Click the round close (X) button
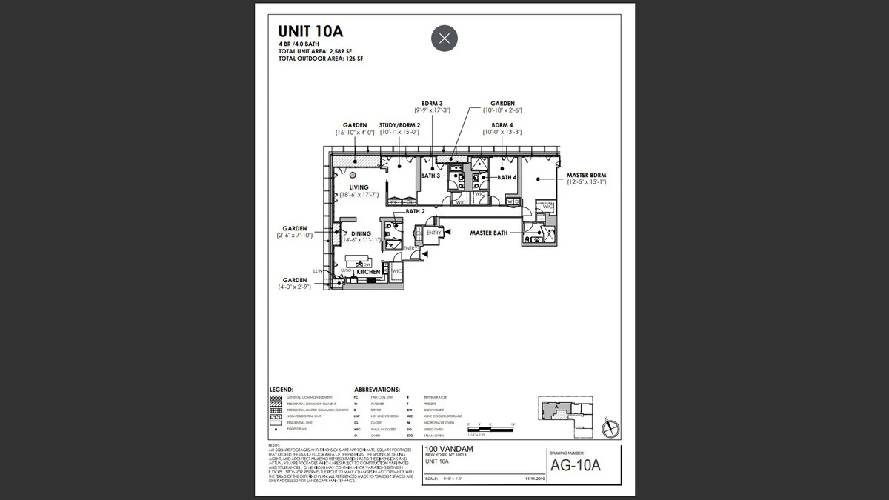[444, 39]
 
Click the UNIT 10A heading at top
[310, 31]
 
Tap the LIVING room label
[359, 187]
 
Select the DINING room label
[361, 234]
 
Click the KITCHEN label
[368, 272]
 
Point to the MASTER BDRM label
[587, 176]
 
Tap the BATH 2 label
[415, 211]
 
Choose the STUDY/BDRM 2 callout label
[400, 125]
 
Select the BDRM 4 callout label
[502, 125]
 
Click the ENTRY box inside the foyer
[434, 233]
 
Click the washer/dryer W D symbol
[513, 201]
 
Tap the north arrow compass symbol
[611, 427]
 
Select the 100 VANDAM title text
[448, 450]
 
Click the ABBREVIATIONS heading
[377, 389]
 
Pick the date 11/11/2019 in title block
[534, 479]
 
